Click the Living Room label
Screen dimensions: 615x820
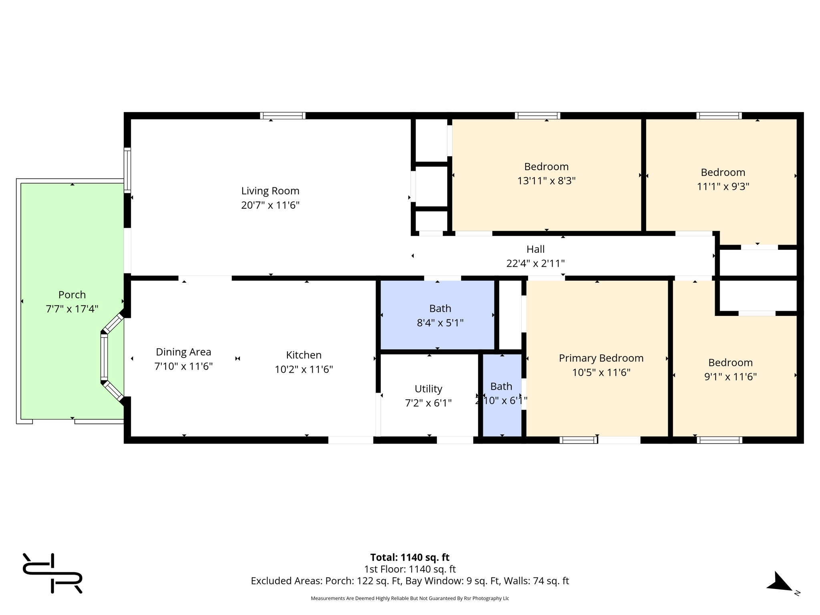(x=270, y=191)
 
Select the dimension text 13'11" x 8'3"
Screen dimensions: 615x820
(x=546, y=181)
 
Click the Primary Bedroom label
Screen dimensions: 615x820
(x=601, y=358)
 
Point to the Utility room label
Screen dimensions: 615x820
(x=428, y=389)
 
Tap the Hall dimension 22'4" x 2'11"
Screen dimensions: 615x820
(x=535, y=263)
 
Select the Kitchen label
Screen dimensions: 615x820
(x=303, y=355)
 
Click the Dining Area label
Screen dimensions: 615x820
(x=183, y=352)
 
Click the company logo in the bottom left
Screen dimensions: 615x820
(x=52, y=573)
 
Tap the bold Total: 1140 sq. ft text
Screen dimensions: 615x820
(x=410, y=557)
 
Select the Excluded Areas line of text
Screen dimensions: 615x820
(x=410, y=581)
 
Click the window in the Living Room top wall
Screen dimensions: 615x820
(x=283, y=116)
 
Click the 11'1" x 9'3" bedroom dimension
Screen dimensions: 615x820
(x=723, y=187)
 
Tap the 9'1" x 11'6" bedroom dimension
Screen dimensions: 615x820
(x=730, y=377)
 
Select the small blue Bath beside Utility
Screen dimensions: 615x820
(x=502, y=394)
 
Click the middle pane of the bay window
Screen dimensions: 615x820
(x=104, y=357)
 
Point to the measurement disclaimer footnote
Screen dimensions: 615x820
(x=410, y=599)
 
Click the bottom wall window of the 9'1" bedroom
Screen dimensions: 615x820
(x=719, y=440)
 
